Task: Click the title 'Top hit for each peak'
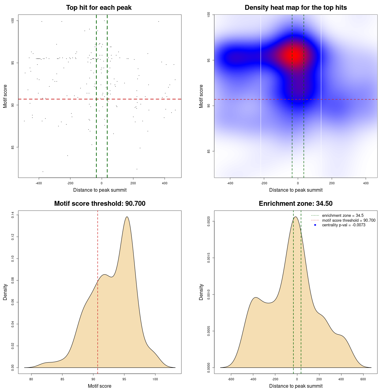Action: [x=99, y=8]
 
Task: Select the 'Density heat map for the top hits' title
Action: [x=296, y=8]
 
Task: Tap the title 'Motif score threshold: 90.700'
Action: [x=100, y=204]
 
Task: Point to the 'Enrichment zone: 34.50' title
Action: [x=296, y=204]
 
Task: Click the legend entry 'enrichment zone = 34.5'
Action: [x=343, y=216]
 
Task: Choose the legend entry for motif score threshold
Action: [x=349, y=221]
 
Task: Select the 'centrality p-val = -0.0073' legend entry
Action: [x=344, y=225]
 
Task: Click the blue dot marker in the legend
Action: [x=315, y=225]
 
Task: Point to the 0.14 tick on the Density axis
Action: [x=13, y=215]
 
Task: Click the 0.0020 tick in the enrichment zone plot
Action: [x=209, y=221]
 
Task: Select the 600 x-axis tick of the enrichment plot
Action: [x=363, y=379]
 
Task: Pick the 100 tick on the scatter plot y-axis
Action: [x=13, y=21]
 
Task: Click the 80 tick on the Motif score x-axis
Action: [x=31, y=379]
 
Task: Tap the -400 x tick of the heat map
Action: [x=230, y=183]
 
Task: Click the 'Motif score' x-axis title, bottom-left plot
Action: [x=100, y=386]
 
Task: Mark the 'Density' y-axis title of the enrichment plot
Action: [x=201, y=292]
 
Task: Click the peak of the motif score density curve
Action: [x=127, y=217]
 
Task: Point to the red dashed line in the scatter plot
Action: [x=61, y=99]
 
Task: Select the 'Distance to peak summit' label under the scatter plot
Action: [x=100, y=190]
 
